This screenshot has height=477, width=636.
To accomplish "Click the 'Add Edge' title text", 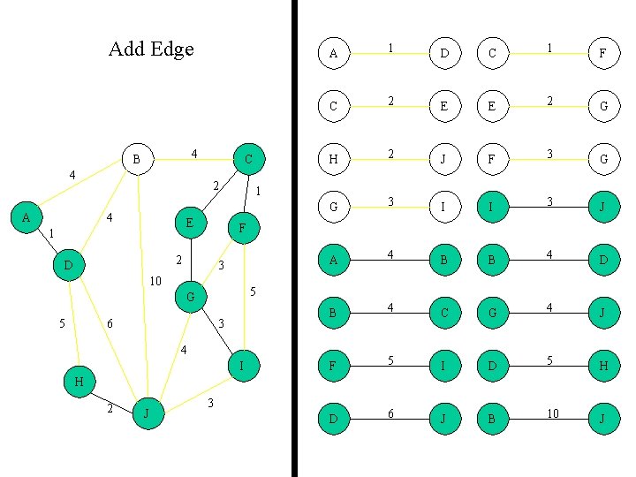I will (151, 49).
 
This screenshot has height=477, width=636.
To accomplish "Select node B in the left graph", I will (136, 160).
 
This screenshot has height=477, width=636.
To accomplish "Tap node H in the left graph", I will (79, 382).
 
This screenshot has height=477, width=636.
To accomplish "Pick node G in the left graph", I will (190, 297).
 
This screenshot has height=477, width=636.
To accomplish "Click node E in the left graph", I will (190, 223).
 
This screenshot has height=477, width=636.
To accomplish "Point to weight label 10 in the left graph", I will (155, 282).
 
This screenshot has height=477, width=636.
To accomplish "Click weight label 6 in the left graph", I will (110, 324).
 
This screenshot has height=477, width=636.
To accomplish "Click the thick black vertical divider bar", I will (294, 238).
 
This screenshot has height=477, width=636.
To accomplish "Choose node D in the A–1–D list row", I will (444, 54).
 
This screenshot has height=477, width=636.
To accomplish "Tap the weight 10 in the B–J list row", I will (552, 413).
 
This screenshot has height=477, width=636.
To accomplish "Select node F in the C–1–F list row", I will (602, 54).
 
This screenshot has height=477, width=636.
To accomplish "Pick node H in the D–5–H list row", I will (602, 366).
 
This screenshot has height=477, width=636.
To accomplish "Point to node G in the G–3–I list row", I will (333, 208).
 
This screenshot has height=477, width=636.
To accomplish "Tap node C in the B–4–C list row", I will (444, 314).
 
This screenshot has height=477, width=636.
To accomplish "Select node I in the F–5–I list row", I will (444, 366).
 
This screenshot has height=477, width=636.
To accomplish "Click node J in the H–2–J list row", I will (444, 158).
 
